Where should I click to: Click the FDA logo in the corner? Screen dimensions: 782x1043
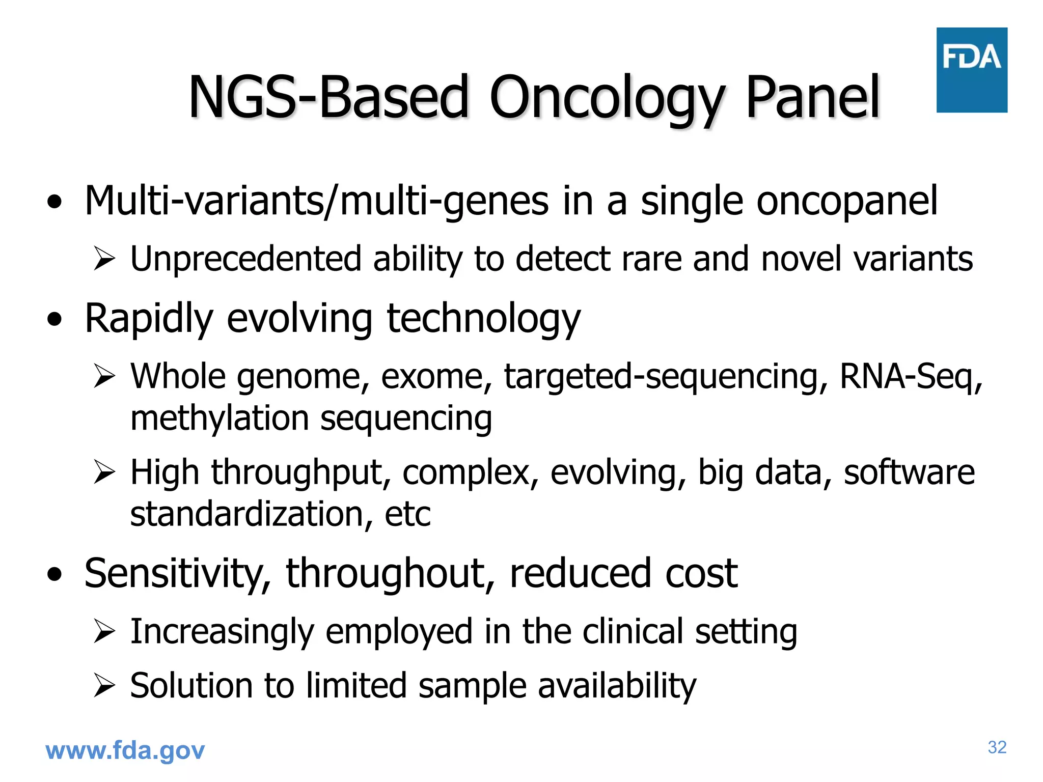tap(971, 70)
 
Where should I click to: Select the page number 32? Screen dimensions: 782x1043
tap(997, 747)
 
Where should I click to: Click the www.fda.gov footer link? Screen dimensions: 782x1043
tap(125, 750)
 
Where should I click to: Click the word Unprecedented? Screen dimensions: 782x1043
tap(245, 259)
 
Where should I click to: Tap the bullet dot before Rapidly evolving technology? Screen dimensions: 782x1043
tap(54, 319)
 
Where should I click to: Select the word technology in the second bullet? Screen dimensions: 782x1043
tap(483, 319)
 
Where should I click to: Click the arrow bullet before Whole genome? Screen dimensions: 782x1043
tap(105, 377)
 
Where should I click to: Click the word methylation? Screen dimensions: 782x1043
tap(219, 418)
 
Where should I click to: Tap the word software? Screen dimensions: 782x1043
tap(909, 472)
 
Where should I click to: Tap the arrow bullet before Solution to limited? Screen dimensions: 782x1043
tap(105, 686)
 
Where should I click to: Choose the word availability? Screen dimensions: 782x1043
tap(617, 686)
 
